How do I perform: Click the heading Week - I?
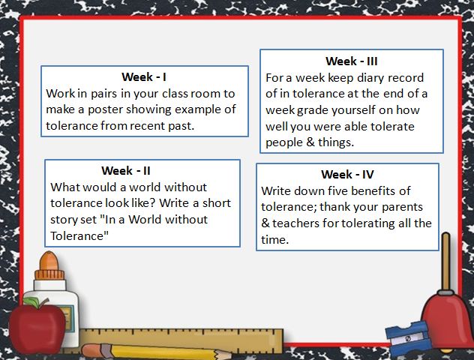coord(144,77)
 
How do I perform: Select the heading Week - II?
coord(126,171)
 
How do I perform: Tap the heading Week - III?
coord(352,61)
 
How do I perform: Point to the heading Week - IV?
coord(348,175)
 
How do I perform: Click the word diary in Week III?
coord(370,79)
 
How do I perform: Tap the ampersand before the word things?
coord(310,142)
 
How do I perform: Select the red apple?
coord(37,328)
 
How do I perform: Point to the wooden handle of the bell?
coord(446,262)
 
